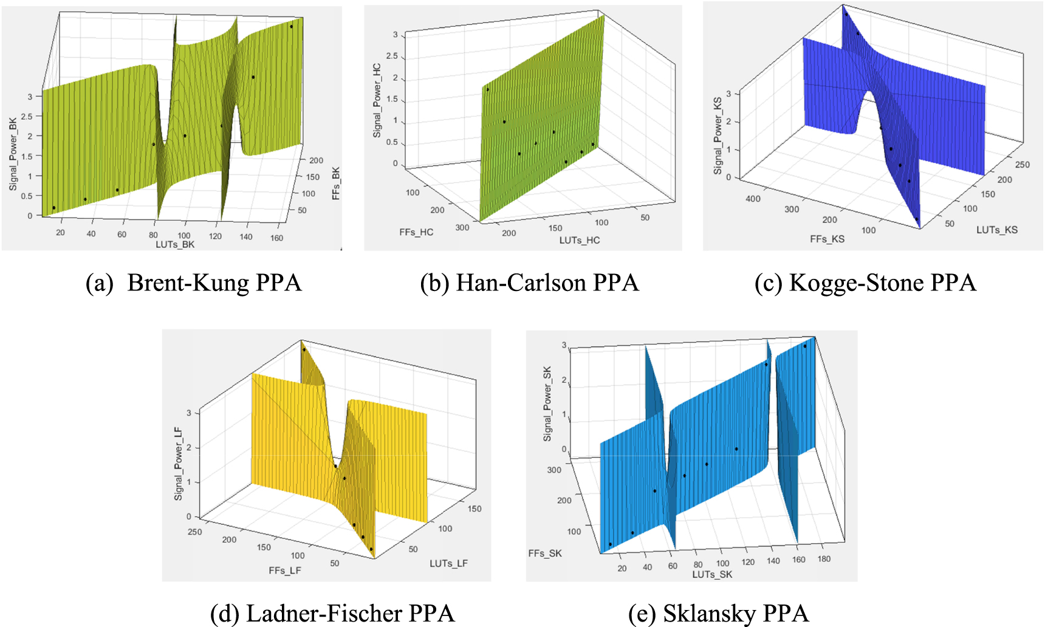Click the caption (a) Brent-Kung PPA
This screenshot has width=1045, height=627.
[194, 283]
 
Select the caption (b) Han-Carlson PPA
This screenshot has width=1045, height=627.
[529, 283]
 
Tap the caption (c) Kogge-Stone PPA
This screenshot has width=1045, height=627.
[865, 283]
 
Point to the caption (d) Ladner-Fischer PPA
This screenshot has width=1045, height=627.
[332, 613]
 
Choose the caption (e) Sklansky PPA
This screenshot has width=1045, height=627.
[719, 613]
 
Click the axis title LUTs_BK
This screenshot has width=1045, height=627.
[175, 245]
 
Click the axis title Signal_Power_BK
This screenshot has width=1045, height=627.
[13, 154]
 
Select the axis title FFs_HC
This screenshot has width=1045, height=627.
[416, 232]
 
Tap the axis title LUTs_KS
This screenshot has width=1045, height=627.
[997, 230]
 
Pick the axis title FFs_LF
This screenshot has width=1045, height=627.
[285, 570]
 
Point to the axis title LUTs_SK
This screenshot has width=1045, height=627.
[712, 575]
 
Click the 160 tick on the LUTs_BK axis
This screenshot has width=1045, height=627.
[276, 238]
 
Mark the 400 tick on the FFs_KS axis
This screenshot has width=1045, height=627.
[753, 199]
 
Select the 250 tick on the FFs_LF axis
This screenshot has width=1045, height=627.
[195, 532]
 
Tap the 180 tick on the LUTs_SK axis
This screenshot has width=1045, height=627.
[824, 559]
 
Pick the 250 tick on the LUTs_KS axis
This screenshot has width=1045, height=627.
[1023, 165]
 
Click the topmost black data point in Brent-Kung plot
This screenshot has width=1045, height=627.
[291, 27]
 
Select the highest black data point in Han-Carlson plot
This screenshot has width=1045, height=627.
[487, 89]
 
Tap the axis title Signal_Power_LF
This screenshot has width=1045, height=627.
[179, 464]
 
